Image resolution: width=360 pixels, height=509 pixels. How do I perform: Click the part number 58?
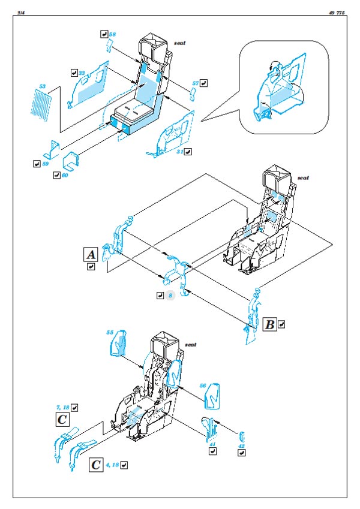pyautogui.click(x=112, y=35)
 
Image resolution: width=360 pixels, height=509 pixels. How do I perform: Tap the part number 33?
pyautogui.click(x=83, y=73)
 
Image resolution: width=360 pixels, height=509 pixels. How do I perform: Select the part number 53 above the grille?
pyautogui.click(x=42, y=87)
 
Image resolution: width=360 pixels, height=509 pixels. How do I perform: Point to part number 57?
pyautogui.click(x=195, y=83)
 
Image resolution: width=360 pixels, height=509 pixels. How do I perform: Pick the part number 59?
pyautogui.click(x=46, y=163)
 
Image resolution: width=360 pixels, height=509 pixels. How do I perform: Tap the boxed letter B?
pyautogui.click(x=270, y=324)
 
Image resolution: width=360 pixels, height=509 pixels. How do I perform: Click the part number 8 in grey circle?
pyautogui.click(x=170, y=296)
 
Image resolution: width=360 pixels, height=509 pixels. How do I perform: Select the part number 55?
pyautogui.click(x=110, y=332)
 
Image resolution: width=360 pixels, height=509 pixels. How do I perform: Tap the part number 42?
pyautogui.click(x=241, y=445)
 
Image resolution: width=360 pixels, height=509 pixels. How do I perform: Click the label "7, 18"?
pyautogui.click(x=62, y=407)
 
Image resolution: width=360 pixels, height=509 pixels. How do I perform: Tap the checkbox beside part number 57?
pyautogui.click(x=205, y=83)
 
